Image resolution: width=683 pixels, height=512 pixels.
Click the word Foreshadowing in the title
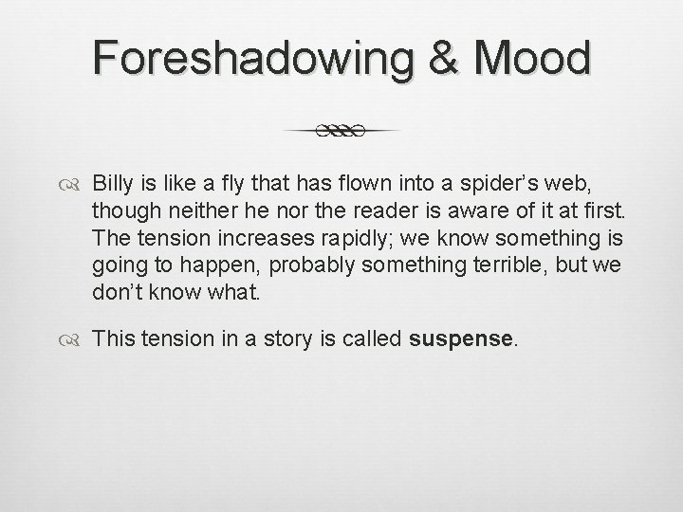pyautogui.click(x=247, y=59)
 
